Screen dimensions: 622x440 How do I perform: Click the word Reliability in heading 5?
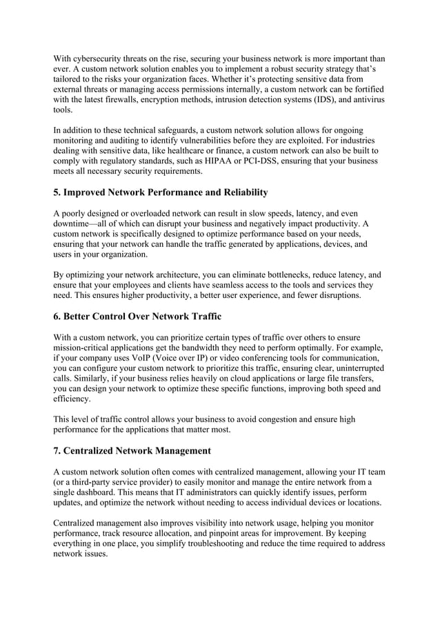click(x=234, y=192)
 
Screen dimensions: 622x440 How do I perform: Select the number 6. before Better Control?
click(x=58, y=316)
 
